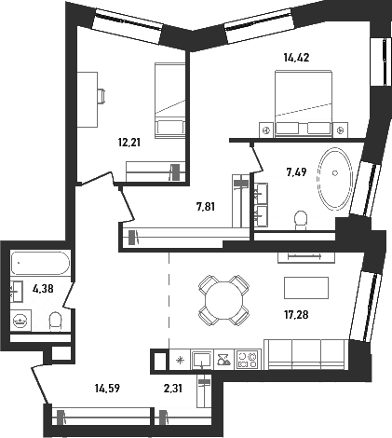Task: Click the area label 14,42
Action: tap(296, 58)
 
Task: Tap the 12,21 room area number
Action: tap(129, 143)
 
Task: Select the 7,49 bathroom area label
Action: tap(296, 171)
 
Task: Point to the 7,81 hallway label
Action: tap(206, 206)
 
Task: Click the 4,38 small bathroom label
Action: tap(43, 289)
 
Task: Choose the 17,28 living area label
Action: tap(296, 315)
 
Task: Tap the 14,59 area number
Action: tap(107, 388)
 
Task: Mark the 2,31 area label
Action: tap(172, 388)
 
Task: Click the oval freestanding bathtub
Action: tap(334, 178)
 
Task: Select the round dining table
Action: tap(223, 300)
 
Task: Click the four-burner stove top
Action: tap(248, 360)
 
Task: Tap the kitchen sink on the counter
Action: tap(202, 360)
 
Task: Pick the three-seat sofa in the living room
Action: tap(306, 354)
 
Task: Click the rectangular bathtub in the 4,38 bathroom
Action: tap(40, 263)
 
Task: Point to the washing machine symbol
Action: tap(20, 321)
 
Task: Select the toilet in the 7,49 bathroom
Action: tap(300, 220)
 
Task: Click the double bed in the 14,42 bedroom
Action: tap(304, 103)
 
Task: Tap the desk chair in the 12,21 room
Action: tap(101, 95)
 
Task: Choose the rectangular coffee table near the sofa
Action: tap(306, 288)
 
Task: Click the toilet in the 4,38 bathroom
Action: tap(56, 322)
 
